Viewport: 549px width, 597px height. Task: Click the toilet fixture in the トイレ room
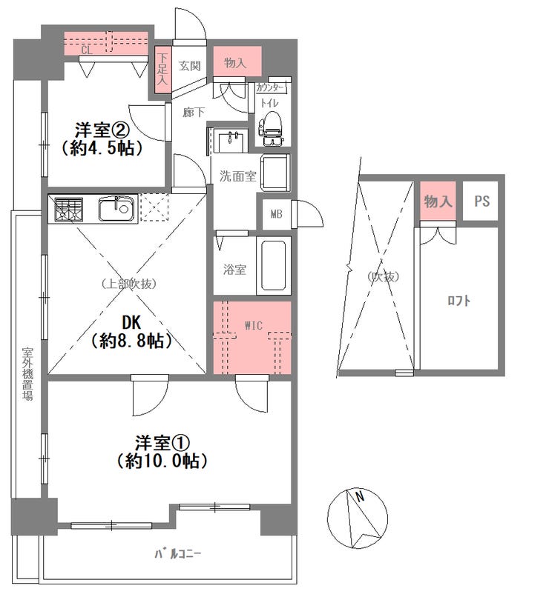[x=271, y=128]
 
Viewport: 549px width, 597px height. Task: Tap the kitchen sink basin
[x=116, y=208]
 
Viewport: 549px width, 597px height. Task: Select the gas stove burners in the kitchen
[x=68, y=209]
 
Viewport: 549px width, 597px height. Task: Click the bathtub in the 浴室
[x=273, y=265]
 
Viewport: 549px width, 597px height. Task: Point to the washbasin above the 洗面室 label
[x=230, y=140]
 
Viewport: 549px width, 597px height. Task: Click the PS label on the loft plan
[x=481, y=201]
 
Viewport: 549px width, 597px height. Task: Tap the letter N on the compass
[x=360, y=496]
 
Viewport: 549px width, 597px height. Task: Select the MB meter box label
[x=277, y=214]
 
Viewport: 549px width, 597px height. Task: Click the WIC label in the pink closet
[x=253, y=325]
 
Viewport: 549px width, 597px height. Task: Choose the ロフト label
[x=458, y=301]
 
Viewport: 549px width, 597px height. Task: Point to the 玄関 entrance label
[x=189, y=66]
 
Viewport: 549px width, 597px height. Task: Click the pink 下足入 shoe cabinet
[x=162, y=70]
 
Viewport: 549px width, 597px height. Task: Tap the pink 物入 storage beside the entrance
[x=237, y=61]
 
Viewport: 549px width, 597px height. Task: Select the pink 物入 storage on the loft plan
[x=438, y=201]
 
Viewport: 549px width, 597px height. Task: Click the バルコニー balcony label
[x=177, y=554]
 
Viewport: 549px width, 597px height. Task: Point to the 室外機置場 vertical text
[x=27, y=373]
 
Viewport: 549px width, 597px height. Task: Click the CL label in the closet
[x=87, y=50]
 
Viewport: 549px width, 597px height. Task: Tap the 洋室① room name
[x=162, y=443]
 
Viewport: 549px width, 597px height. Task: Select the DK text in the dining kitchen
[x=131, y=323]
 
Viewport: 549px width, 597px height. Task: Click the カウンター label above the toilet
[x=270, y=88]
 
